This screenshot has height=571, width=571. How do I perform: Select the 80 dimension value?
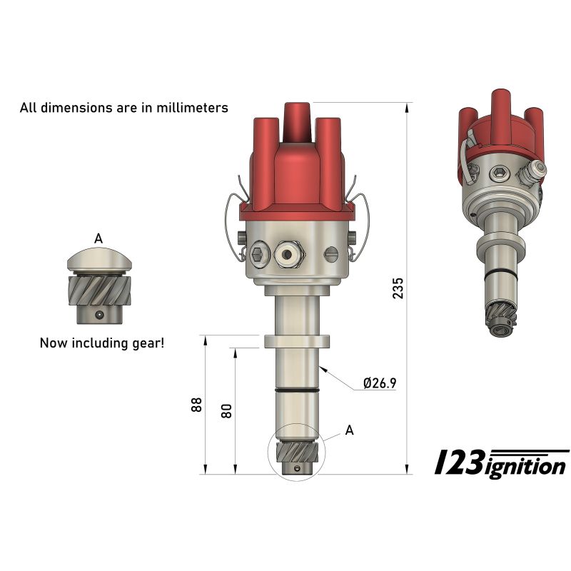[227, 410]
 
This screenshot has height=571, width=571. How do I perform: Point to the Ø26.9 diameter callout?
[379, 383]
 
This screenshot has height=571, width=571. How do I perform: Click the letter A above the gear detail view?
[98, 238]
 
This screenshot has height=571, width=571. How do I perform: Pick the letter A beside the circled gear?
[349, 430]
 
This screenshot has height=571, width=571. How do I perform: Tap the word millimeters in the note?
[193, 108]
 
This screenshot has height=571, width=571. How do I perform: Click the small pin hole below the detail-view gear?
[100, 314]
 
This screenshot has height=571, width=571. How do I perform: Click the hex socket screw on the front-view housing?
[258, 253]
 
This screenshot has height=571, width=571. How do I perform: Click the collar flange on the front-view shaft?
[297, 341]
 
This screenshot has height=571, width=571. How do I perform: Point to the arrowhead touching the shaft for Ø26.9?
[323, 368]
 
